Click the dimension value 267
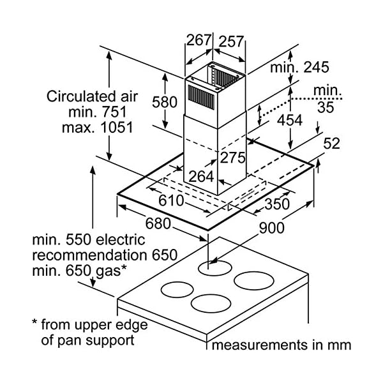click(199, 40)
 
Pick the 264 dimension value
click(201, 176)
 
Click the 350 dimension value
click(276, 204)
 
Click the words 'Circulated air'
click(92, 97)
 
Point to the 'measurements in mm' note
click(282, 345)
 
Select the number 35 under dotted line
click(325, 107)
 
